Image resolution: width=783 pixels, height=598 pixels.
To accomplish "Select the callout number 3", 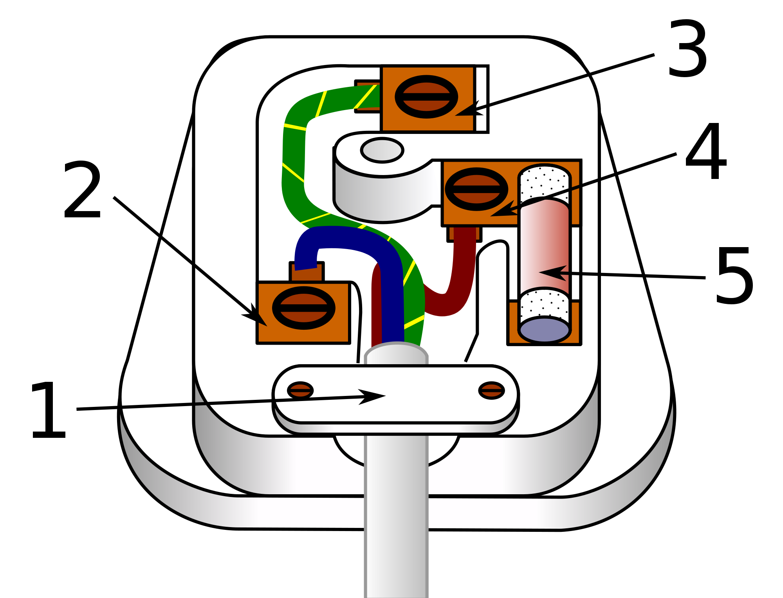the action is coord(687,49).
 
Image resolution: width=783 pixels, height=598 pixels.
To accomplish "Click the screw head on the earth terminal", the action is coord(426,97).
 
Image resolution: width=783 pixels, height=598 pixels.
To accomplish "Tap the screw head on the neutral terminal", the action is coord(304,308).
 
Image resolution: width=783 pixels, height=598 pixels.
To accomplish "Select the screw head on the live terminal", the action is coord(476,189).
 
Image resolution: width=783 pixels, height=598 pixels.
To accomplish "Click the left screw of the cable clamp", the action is coord(300,390).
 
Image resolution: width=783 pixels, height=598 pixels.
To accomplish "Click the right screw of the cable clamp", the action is coord(492,390).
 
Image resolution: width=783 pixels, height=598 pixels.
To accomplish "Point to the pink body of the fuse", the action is coord(545,251).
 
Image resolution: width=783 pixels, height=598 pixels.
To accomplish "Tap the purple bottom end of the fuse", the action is coord(545,330).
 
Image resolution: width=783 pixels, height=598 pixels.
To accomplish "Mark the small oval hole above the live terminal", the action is coord(382,150).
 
